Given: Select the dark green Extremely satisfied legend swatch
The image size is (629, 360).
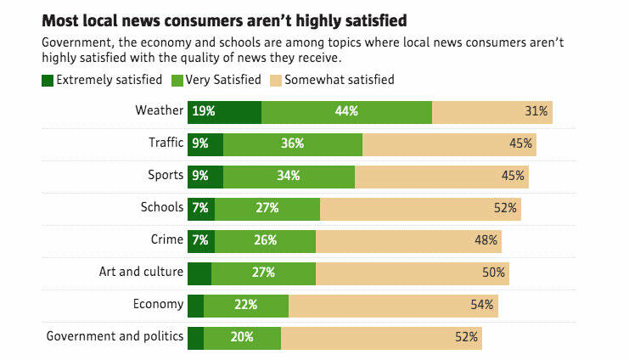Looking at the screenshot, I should click(47, 80).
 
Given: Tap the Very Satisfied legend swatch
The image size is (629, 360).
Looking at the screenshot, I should click(177, 80).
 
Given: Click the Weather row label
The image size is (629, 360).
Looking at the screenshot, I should click(159, 110).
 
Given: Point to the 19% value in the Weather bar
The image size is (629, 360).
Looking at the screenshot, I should click(203, 111).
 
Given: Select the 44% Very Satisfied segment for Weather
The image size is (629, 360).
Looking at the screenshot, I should click(346, 111).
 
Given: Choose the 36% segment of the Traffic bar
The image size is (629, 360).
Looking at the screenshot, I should click(293, 143).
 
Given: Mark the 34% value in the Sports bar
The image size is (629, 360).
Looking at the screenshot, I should click(289, 176).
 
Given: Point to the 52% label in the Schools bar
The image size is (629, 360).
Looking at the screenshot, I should click(505, 208).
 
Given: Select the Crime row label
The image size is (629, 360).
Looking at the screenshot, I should click(166, 239).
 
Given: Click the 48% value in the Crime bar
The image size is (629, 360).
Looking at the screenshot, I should click(486, 240).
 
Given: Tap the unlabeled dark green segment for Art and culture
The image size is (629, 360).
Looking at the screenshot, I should click(199, 273).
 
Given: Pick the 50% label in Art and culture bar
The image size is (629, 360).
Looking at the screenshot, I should click(494, 273).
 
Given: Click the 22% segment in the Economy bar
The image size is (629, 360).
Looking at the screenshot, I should click(246, 305).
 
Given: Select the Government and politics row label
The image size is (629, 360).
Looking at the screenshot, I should click(115, 336).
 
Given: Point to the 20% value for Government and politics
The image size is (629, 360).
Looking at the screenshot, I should click(242, 337).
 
